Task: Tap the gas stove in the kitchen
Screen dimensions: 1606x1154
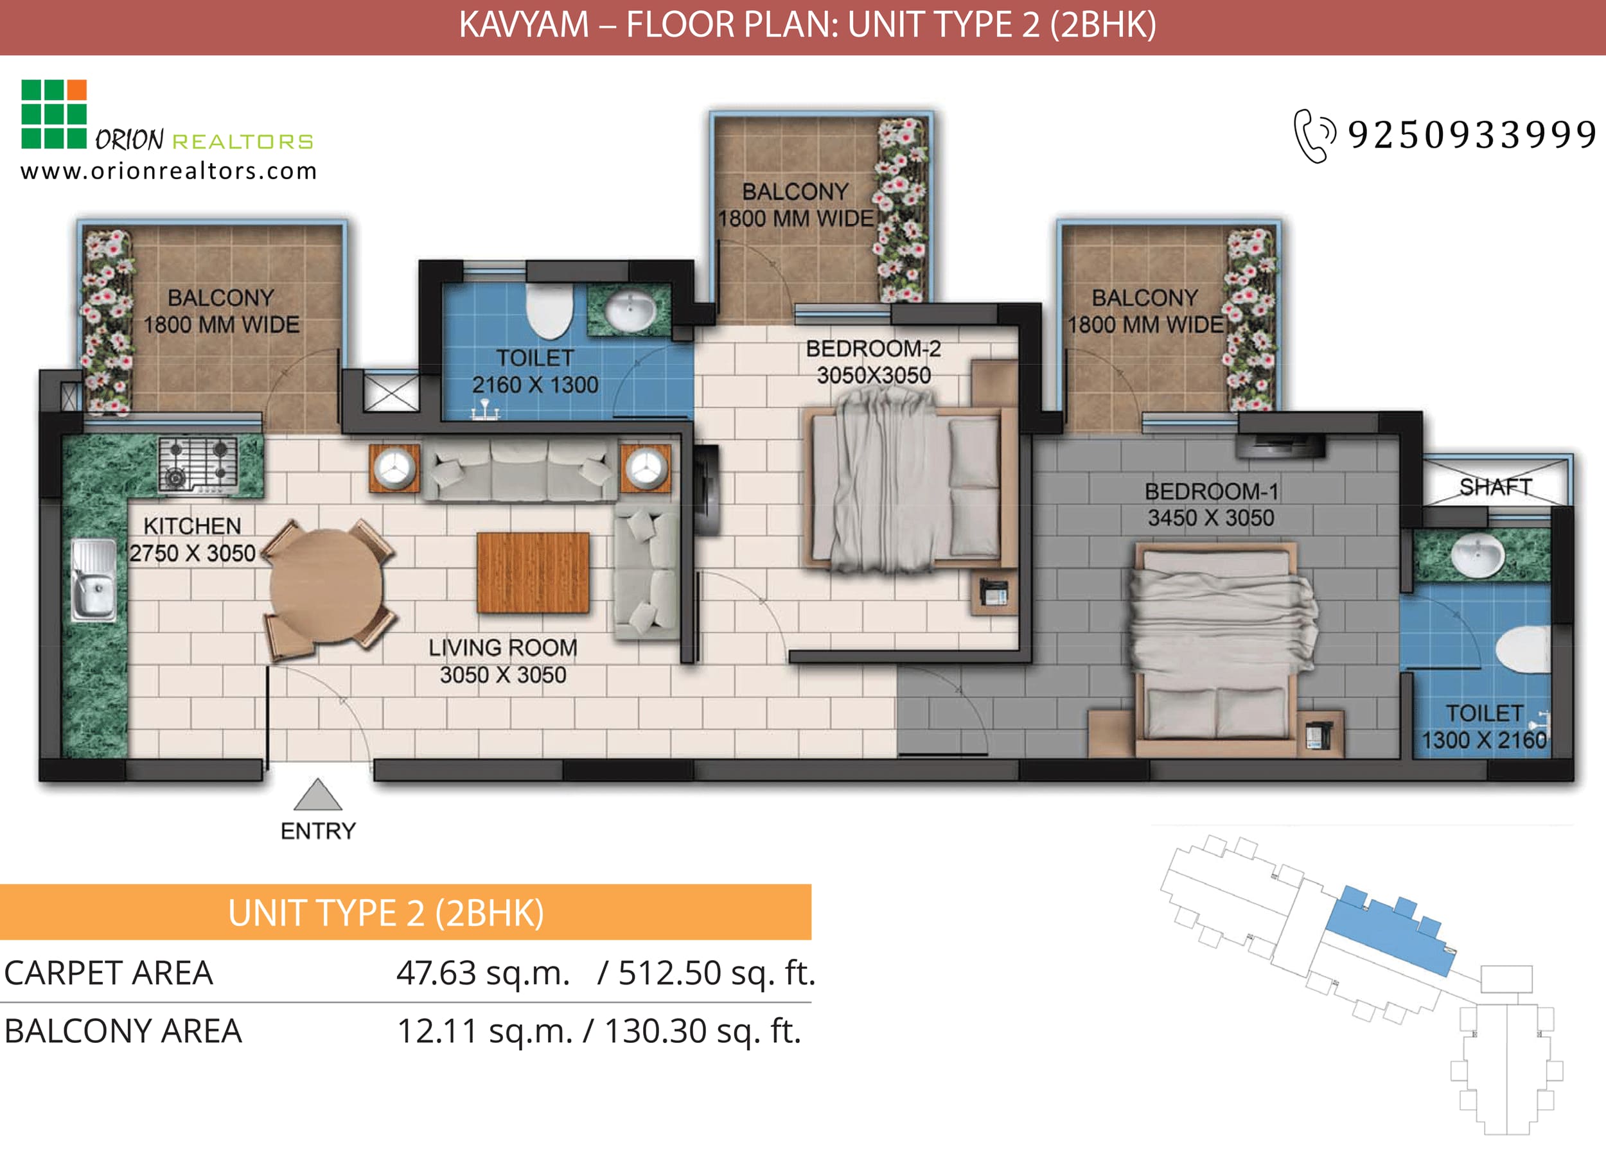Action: coord(199,464)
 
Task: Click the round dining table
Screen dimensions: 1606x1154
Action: coord(326,587)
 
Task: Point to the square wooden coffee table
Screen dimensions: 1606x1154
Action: coord(533,572)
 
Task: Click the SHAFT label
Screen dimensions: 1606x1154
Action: coord(1496,487)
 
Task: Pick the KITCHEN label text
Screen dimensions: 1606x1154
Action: coord(192,526)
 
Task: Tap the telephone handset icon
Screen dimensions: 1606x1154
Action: coord(1314,136)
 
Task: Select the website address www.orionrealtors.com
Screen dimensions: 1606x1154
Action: coord(168,171)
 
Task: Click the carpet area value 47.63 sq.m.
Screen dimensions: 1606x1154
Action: coord(483,973)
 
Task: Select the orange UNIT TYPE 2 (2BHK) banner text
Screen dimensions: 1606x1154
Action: coord(386,913)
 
